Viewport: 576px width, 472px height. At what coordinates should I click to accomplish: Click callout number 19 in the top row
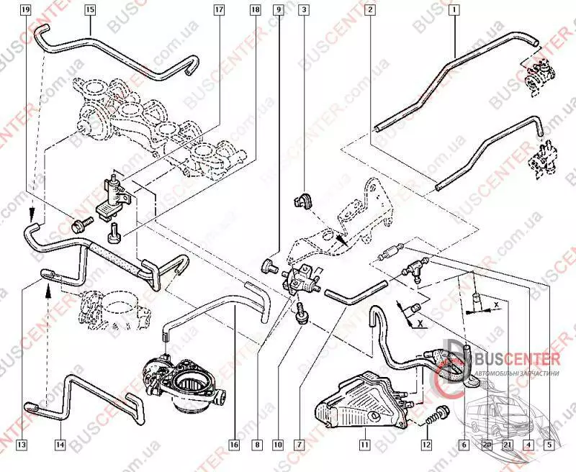26,11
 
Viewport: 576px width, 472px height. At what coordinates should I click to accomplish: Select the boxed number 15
89,11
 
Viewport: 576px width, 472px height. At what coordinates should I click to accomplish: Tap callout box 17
219,11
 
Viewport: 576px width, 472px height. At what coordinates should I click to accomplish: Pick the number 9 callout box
279,11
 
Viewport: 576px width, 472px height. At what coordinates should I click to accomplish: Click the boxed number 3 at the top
305,11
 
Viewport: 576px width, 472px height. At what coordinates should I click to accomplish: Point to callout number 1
454,11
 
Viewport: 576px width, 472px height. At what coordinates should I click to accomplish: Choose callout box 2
369,11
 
